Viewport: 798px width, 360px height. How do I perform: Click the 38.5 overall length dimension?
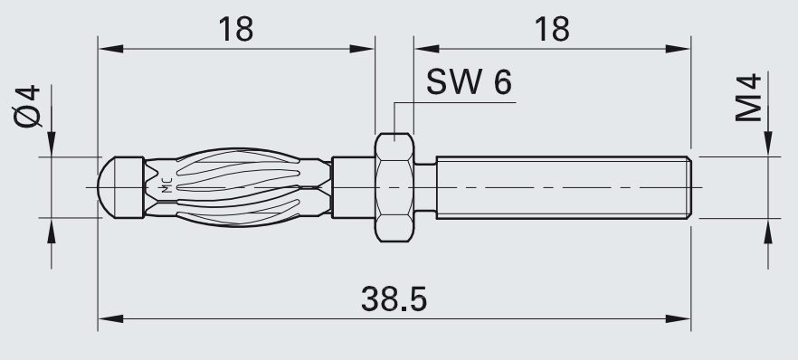394,299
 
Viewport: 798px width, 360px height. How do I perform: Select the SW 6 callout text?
469,81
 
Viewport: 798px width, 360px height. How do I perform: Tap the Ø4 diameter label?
27,106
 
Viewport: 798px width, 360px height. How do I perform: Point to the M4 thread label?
748,98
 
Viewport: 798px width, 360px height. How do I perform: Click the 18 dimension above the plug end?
235,29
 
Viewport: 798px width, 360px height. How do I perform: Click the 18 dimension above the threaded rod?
552,29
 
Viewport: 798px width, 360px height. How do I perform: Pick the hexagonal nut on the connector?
394,187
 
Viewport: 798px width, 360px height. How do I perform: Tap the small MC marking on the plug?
166,187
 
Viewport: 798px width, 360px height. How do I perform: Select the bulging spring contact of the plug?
237,187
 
